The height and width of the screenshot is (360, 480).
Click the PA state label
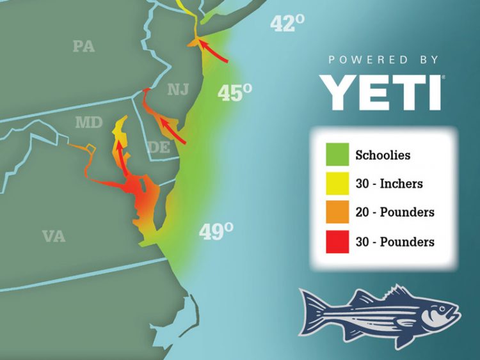(84, 46)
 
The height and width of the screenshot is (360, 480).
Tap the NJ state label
(179, 90)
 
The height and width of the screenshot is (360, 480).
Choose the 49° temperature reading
(215, 231)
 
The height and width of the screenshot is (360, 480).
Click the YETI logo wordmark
(382, 92)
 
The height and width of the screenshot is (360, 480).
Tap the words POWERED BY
(383, 59)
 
